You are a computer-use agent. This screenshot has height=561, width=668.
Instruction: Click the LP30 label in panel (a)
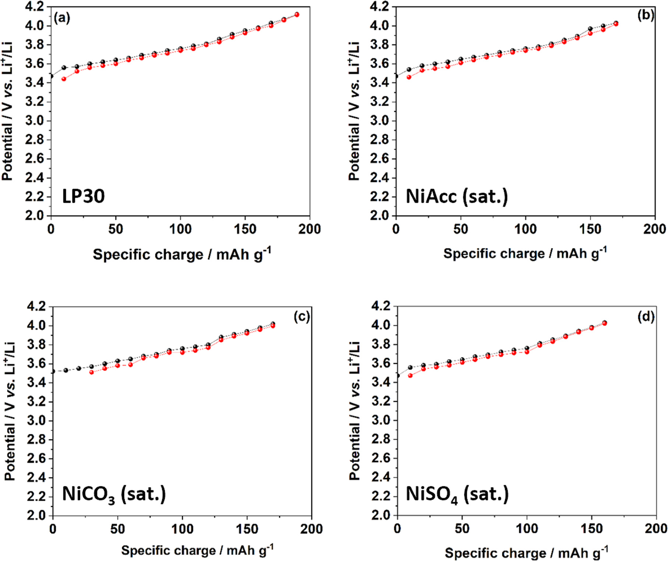[83, 196]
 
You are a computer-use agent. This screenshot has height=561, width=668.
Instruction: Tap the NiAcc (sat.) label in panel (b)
[456, 196]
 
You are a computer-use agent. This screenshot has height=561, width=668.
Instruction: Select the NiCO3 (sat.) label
[114, 494]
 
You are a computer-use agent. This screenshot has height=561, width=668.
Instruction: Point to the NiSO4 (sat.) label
[457, 494]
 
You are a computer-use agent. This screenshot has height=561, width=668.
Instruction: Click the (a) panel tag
[61, 18]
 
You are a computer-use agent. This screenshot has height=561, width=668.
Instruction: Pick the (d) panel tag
[646, 317]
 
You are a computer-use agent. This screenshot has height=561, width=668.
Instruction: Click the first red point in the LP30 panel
[64, 79]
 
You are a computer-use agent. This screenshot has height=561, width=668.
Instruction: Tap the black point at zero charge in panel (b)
[396, 76]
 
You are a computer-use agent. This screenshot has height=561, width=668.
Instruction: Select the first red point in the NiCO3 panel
[92, 372]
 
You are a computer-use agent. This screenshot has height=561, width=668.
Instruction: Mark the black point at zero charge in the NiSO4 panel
[398, 376]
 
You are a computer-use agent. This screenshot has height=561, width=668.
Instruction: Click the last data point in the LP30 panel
[297, 15]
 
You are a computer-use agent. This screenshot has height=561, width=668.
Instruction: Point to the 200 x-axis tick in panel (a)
[310, 229]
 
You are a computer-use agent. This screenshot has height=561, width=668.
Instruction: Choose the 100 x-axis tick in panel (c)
[182, 529]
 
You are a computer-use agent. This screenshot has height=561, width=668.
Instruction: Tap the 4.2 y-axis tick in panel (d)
[380, 306]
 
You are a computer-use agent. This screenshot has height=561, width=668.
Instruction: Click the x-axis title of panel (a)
[181, 254]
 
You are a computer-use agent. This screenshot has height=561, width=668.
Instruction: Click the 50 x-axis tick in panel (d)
[462, 529]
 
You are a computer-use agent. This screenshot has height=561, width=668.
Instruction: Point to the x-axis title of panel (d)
[526, 553]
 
